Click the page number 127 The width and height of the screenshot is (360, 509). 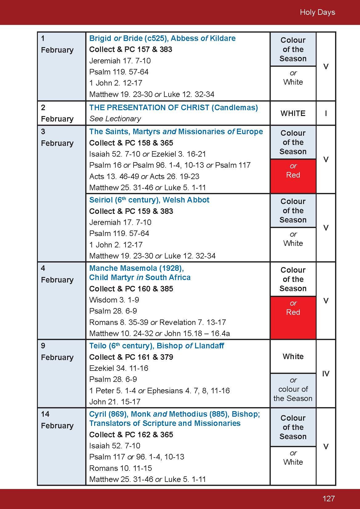click(328, 499)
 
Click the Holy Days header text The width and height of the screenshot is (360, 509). click(317, 12)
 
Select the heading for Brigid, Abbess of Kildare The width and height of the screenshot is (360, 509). click(162, 38)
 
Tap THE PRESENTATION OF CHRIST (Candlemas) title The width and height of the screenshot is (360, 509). click(173, 108)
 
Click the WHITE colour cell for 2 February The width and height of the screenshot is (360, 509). click(293, 113)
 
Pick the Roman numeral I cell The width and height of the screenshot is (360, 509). click(326, 113)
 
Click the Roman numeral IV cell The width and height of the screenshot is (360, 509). click(326, 374)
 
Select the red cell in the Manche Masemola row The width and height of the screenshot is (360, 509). click(293, 318)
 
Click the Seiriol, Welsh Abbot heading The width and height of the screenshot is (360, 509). click(149, 200)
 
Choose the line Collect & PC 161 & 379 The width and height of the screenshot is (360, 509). click(131, 357)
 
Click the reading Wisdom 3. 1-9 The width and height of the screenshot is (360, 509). click(114, 300)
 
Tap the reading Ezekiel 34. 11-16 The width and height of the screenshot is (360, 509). click(118, 368)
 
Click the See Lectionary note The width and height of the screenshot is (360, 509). click(115, 119)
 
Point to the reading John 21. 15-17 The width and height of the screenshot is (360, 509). click(114, 402)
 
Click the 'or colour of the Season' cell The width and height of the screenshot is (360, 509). click(293, 390)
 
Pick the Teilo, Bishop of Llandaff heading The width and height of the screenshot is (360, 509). click(156, 346)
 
